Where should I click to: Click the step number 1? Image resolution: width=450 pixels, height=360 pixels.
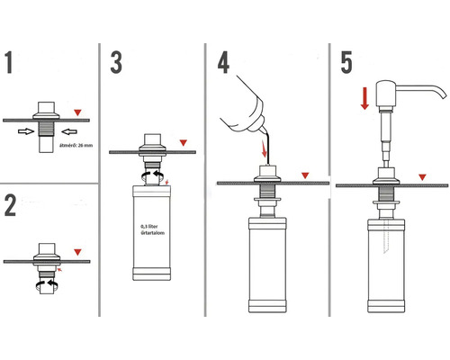9,62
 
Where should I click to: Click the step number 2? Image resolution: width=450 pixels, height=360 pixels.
10,205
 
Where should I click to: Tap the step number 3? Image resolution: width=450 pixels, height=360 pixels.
116,62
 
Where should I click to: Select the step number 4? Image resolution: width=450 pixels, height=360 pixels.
223,62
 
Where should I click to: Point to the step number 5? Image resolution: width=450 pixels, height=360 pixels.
346,62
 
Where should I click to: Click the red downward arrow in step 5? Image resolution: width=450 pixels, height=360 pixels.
364,98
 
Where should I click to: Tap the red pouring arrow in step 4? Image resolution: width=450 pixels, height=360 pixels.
265,148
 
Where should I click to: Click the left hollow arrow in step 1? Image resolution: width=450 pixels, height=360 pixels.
26,131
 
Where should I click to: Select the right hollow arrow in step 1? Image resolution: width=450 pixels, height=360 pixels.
69,131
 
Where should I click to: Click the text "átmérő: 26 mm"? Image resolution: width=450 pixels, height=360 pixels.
76,146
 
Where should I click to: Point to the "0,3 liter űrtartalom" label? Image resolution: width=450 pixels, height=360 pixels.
152,229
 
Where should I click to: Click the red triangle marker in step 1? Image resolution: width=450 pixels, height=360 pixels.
77,112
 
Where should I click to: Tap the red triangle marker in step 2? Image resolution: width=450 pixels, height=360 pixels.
77,252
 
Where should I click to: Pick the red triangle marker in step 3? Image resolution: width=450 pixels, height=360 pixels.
184,143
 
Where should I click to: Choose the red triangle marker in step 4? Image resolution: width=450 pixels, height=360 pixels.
305,175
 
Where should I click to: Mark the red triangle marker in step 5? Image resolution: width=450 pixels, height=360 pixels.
422,177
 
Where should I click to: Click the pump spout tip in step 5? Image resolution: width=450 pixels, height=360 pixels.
445,96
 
